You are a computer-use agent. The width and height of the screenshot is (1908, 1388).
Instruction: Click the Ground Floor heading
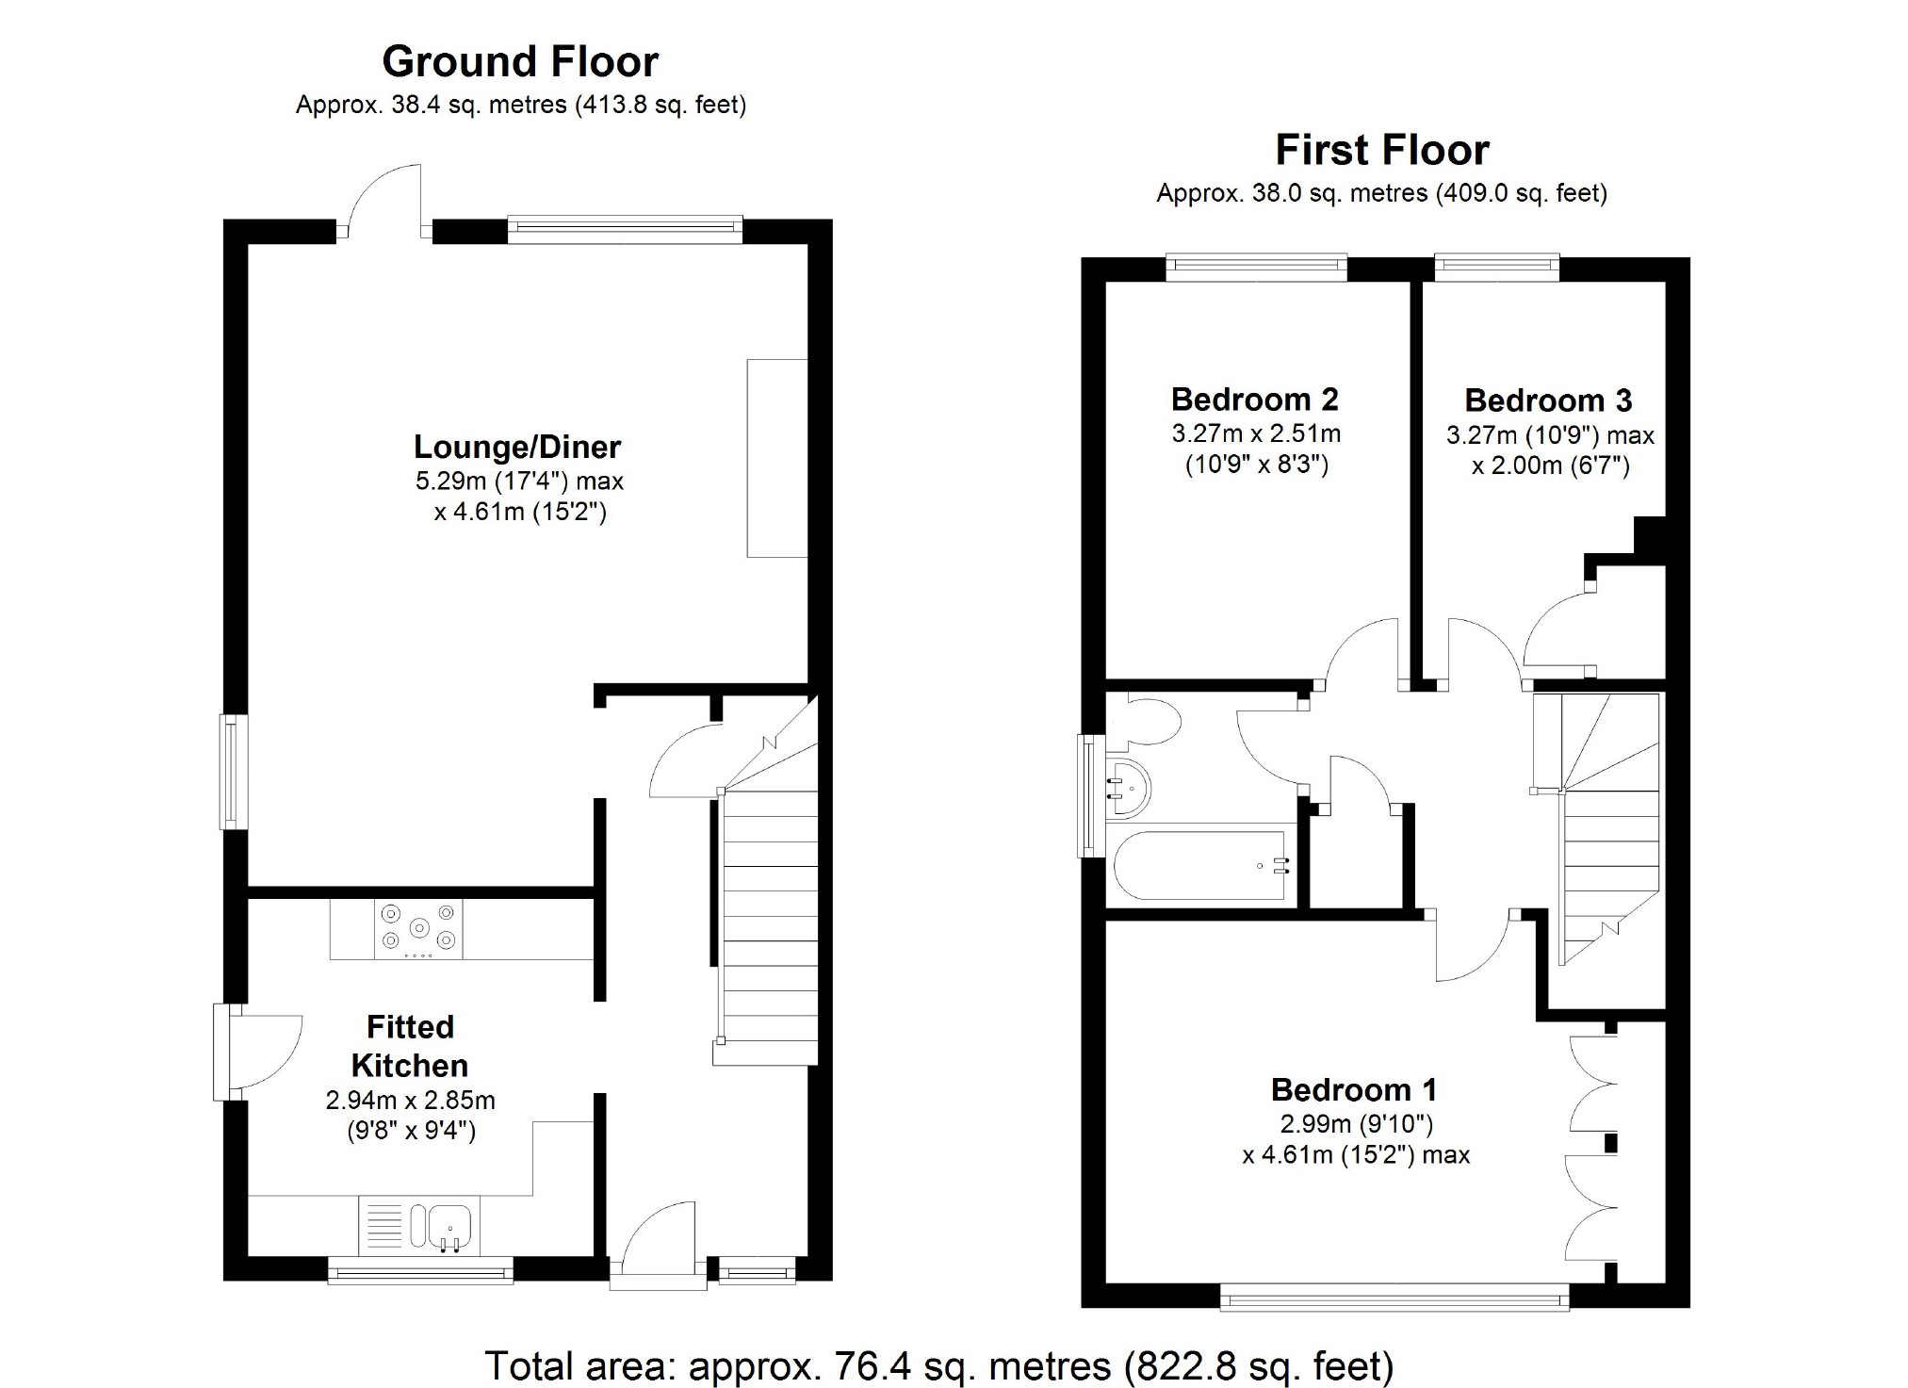click(520, 62)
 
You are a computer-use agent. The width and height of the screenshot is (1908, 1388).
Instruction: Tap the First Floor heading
click(1382, 150)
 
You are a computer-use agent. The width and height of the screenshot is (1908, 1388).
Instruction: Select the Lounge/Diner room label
click(517, 447)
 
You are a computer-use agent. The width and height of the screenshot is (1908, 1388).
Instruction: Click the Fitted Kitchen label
click(410, 1046)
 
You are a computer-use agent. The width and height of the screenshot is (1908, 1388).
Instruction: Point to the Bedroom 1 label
click(1354, 1090)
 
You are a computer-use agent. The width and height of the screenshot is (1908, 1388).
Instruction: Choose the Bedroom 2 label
click(1255, 400)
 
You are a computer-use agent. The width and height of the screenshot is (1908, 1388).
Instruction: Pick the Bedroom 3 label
click(1548, 400)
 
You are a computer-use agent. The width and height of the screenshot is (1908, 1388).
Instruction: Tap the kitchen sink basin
click(451, 1225)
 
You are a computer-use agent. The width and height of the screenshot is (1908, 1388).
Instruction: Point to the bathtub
click(1199, 865)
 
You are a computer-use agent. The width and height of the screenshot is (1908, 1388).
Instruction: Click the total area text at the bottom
click(938, 1365)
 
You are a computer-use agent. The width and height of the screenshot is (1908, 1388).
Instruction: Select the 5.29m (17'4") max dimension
click(519, 482)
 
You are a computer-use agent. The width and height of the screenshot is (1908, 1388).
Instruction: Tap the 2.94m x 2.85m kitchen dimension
click(411, 1100)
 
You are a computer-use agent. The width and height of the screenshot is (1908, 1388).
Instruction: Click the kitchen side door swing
click(269, 1051)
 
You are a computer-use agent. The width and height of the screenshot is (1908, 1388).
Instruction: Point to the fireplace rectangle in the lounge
click(777, 458)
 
